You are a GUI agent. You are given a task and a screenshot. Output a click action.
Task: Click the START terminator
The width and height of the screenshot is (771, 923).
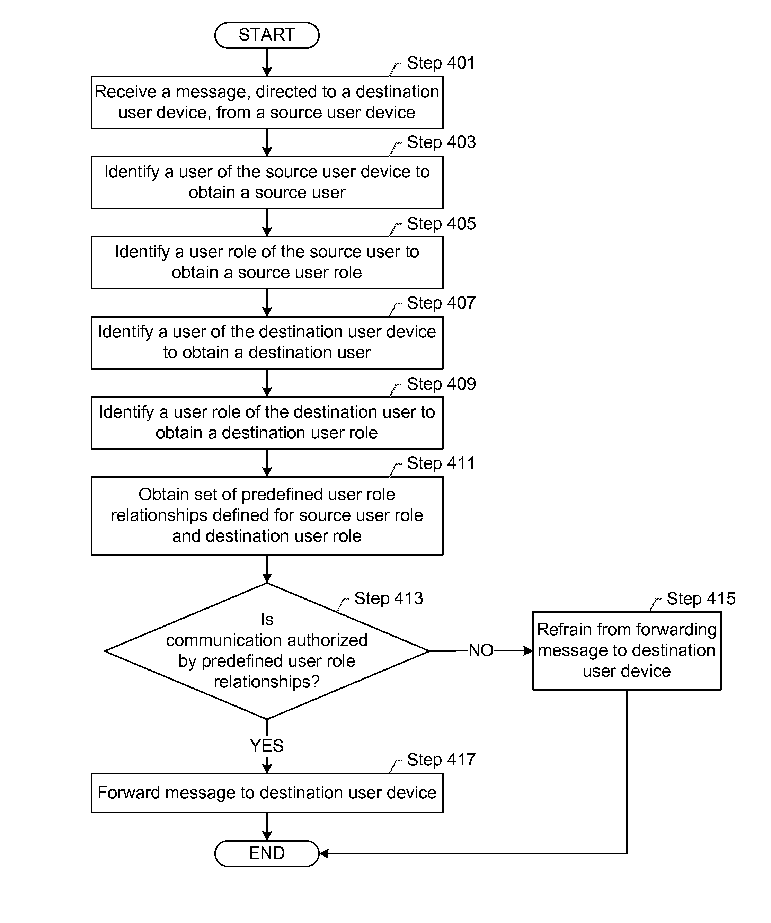click(x=267, y=35)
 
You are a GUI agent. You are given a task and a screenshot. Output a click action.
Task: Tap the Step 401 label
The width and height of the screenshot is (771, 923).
click(x=441, y=63)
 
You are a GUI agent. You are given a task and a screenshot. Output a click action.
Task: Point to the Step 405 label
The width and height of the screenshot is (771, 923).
click(x=441, y=223)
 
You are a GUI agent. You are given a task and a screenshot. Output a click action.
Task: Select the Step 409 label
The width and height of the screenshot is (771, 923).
click(x=441, y=384)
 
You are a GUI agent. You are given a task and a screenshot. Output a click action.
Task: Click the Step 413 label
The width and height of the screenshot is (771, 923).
click(x=389, y=598)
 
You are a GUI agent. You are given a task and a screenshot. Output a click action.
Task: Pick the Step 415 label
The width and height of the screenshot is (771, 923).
click(x=701, y=598)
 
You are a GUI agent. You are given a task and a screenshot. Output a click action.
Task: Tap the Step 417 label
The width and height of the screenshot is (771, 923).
click(x=441, y=760)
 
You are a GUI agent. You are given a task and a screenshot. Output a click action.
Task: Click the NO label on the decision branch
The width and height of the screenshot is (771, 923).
click(x=481, y=650)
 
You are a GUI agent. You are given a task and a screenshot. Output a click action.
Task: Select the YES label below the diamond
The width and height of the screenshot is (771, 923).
click(x=267, y=745)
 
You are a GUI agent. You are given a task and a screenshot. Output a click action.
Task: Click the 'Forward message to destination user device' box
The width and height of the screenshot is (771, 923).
click(x=267, y=793)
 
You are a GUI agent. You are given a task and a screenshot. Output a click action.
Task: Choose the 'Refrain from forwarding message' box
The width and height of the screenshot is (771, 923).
click(x=627, y=650)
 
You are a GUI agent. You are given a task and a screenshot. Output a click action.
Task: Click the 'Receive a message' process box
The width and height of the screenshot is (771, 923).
click(x=267, y=103)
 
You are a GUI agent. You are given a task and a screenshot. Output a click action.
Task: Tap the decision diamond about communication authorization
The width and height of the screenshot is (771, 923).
click(x=267, y=651)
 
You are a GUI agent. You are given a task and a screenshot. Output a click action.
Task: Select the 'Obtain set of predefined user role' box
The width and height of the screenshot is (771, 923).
click(x=267, y=516)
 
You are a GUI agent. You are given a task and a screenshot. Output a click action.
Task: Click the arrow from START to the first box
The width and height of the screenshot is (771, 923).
click(x=267, y=62)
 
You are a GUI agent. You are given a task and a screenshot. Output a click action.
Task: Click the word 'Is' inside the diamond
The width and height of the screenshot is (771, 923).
click(x=267, y=619)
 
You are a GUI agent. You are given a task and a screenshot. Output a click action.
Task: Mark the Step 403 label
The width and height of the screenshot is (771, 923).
click(x=441, y=142)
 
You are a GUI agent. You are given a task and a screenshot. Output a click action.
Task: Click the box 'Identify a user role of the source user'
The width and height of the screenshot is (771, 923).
click(x=267, y=263)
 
